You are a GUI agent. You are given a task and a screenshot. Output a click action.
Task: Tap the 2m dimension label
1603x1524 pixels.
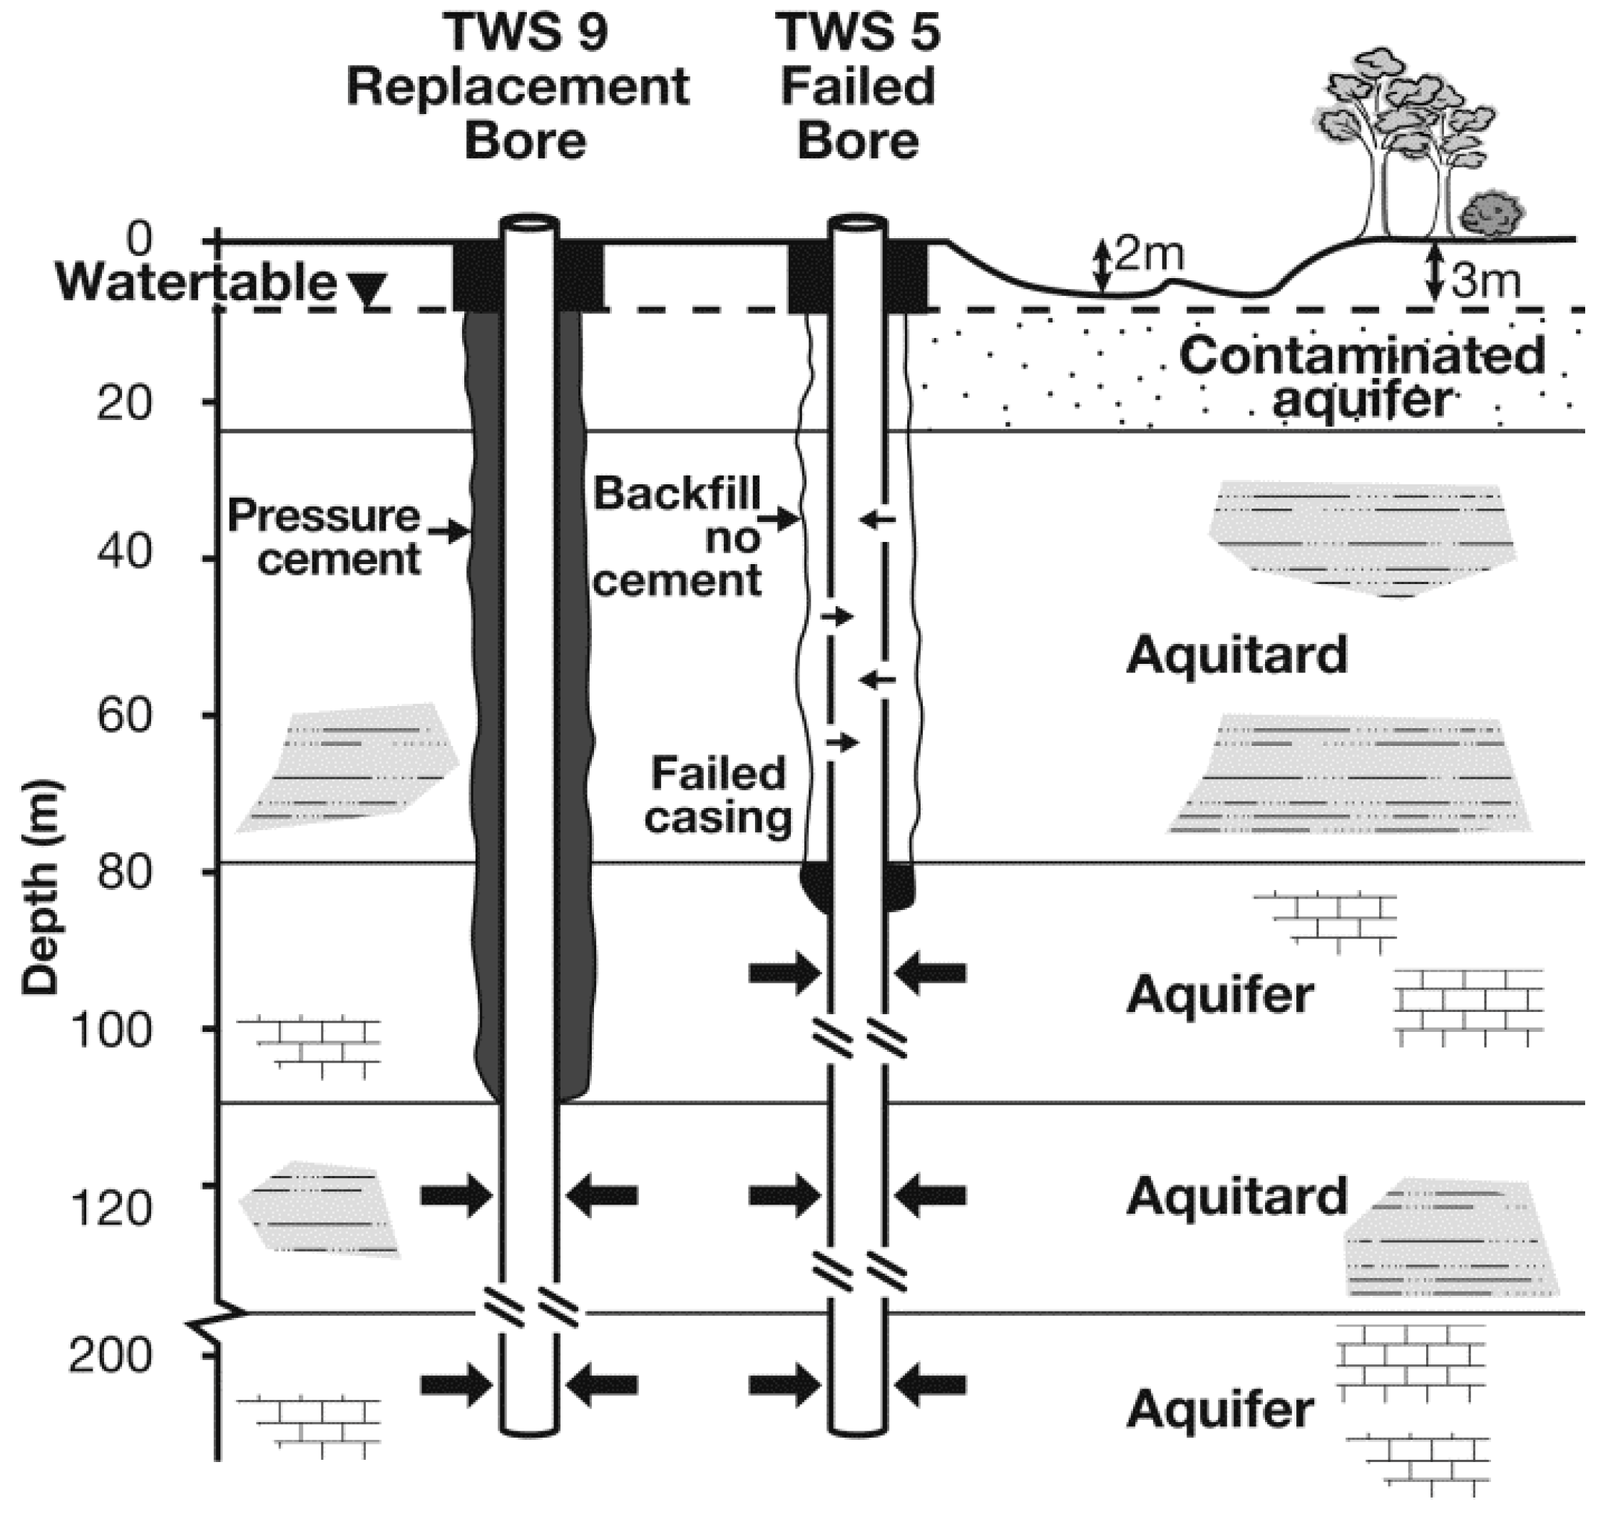(1148, 255)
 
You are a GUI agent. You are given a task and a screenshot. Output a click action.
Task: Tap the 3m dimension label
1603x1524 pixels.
(1485, 281)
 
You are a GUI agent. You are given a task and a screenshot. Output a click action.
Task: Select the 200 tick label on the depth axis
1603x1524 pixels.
(110, 1355)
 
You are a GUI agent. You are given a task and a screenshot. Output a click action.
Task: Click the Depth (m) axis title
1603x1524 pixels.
(41, 886)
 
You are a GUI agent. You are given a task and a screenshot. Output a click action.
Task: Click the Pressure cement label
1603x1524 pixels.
(325, 536)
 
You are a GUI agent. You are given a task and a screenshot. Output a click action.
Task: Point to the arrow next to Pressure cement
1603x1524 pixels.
(449, 533)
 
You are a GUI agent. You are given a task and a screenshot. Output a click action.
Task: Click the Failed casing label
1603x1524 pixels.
(718, 794)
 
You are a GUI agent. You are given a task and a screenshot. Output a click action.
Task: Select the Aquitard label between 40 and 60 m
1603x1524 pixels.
(1236, 655)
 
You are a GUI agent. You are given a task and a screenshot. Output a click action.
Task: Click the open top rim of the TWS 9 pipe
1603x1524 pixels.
(528, 223)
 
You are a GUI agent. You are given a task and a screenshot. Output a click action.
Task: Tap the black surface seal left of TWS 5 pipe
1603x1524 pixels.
(809, 276)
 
